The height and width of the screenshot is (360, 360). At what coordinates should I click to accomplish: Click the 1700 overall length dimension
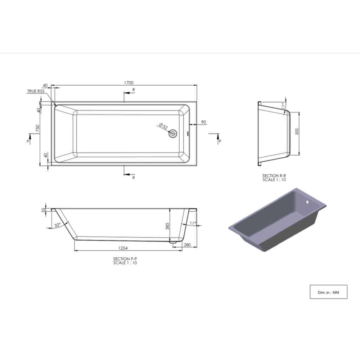(129, 83)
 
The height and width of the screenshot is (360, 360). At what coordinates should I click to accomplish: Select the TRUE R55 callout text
(36, 91)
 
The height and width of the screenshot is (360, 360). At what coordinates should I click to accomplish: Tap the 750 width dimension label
(38, 129)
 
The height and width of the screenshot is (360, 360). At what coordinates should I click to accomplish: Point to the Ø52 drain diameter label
(163, 126)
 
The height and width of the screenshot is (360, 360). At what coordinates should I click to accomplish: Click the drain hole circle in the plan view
(173, 134)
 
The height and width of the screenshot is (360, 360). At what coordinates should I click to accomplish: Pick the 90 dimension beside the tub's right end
(204, 122)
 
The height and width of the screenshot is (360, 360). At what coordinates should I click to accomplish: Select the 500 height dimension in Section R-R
(297, 131)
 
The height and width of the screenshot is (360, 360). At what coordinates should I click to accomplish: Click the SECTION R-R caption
(274, 176)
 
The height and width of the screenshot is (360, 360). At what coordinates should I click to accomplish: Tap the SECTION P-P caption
(125, 259)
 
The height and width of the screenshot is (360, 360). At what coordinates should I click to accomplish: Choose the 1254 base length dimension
(123, 248)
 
